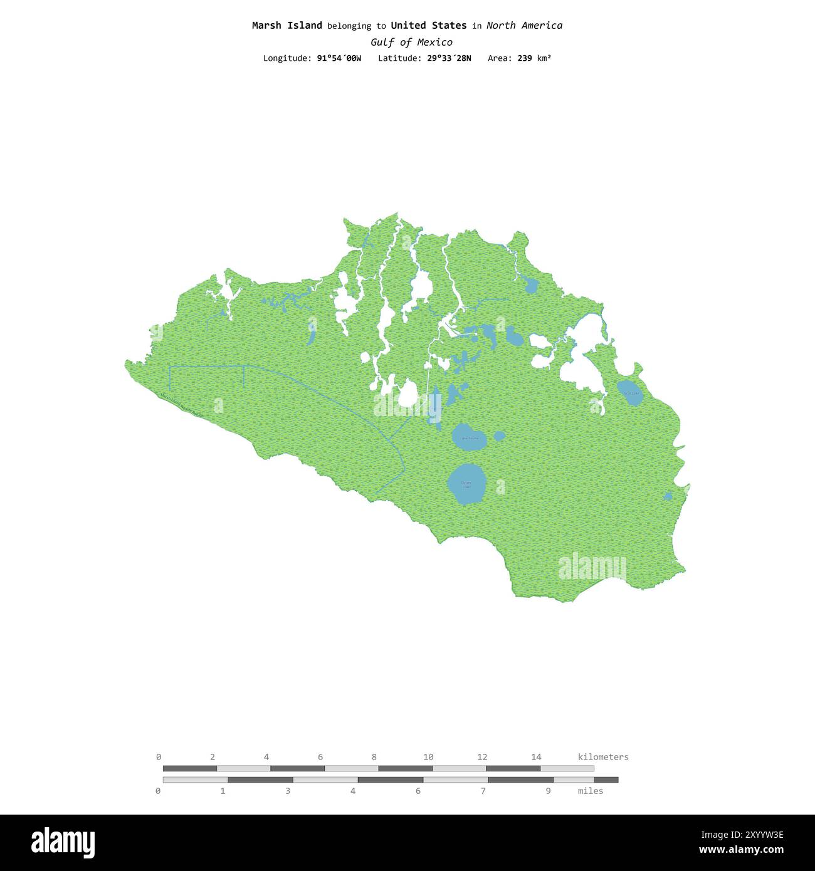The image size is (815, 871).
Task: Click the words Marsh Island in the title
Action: point(287,26)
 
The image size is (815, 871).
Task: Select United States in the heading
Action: point(428,26)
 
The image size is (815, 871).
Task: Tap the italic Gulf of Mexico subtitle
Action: point(411,43)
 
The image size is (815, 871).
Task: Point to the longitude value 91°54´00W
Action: point(339,58)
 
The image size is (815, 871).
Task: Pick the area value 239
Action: point(525,58)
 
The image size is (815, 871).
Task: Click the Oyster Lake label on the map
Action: point(466,484)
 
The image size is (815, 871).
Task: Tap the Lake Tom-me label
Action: point(469,438)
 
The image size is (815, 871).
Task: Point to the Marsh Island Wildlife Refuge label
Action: point(182,405)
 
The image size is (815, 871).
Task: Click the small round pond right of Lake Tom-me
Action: point(500,436)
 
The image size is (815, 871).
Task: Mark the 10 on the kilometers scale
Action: point(428,757)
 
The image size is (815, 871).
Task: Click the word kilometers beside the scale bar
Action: point(602,757)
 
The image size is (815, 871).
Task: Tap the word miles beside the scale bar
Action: point(590,791)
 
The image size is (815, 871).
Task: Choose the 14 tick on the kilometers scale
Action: point(536,757)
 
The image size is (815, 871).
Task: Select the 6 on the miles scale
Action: point(418,791)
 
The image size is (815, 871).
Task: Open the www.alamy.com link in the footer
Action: point(741,850)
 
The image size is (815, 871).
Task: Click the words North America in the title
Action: point(524,26)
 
